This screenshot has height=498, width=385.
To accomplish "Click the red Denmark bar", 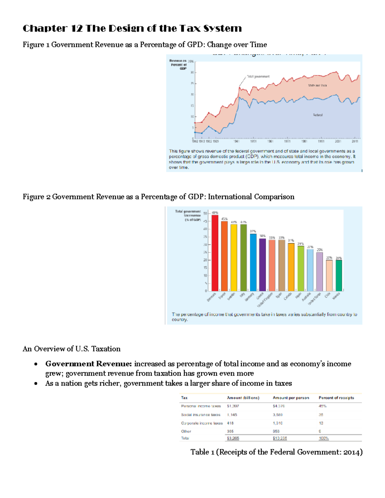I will point(215,253).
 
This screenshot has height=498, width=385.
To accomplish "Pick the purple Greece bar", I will point(262,265).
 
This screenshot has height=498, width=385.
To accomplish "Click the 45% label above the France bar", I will point(224,219).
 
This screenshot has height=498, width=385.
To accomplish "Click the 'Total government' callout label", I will point(258,77).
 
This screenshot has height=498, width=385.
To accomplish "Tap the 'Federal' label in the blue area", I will point(318,115).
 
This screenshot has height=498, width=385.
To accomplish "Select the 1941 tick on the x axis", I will point(236,141).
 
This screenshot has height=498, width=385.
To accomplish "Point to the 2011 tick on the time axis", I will point(355,141).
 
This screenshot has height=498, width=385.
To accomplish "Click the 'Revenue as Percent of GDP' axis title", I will point(178,64).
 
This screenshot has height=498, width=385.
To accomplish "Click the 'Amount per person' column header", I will point(291,398).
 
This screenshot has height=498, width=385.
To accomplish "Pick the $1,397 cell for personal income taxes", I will point(233,406).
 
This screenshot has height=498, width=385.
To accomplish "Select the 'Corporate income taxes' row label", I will point(202,423).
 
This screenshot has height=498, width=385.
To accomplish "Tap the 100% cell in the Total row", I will point(324,438).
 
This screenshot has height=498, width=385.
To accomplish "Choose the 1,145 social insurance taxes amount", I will point(232,415).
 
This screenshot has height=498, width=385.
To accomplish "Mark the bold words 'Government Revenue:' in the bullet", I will point(89,364).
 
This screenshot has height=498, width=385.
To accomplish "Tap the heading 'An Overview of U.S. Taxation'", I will point(72,349).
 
